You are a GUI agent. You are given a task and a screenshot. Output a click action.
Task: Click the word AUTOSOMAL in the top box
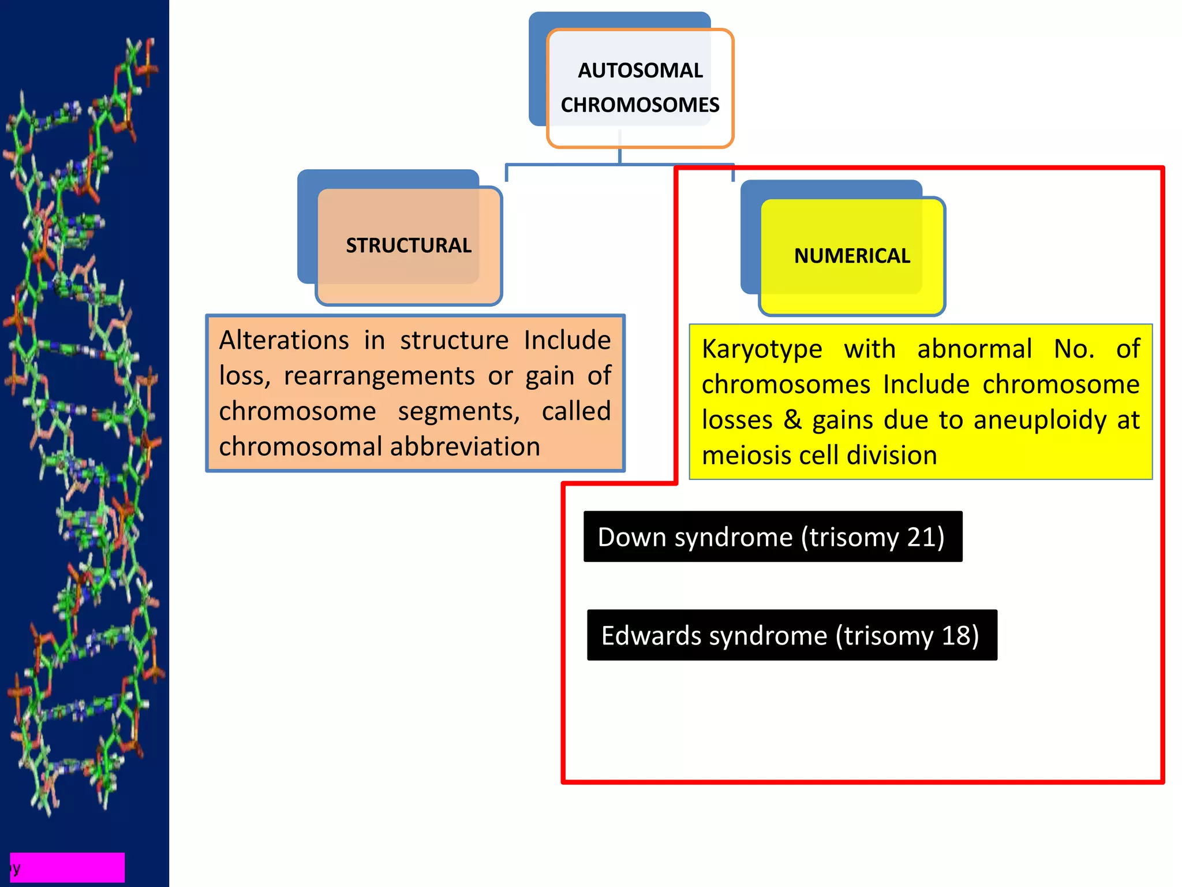(x=640, y=70)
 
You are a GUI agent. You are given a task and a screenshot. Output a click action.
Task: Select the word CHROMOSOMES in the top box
(x=640, y=105)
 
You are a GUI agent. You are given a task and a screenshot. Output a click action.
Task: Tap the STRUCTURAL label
(x=409, y=245)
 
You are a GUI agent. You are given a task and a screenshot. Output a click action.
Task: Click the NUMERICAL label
(x=852, y=256)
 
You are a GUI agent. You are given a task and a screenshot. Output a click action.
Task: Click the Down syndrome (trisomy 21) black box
(x=772, y=536)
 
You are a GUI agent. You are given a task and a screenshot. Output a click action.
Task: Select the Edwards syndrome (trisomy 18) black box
(x=791, y=635)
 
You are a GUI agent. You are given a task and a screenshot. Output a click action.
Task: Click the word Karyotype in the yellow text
(x=762, y=349)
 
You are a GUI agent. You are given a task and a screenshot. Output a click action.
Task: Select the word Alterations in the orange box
(x=284, y=340)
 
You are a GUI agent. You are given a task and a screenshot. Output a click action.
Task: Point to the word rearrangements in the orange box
(x=379, y=376)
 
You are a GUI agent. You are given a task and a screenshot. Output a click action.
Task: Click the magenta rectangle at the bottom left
(x=68, y=867)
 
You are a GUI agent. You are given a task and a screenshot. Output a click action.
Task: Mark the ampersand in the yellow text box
(x=792, y=420)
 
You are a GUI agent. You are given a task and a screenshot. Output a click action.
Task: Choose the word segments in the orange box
(x=459, y=411)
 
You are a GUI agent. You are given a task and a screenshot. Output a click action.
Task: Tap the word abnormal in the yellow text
(x=974, y=349)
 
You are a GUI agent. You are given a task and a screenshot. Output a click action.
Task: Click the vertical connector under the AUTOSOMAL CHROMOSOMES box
(x=619, y=155)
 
